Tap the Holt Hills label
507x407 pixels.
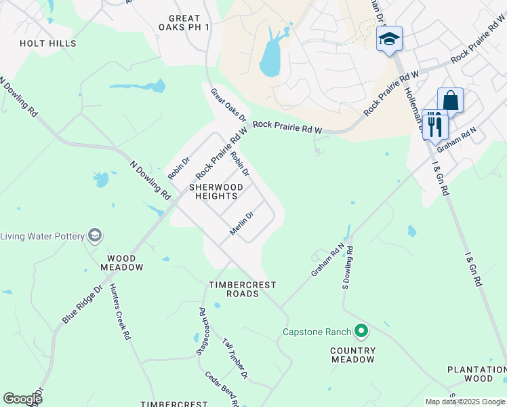click(48, 43)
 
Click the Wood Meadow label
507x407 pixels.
click(125, 263)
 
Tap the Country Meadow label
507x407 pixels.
click(352, 355)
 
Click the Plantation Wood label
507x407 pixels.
click(476, 374)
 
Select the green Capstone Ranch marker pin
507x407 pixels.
click(361, 332)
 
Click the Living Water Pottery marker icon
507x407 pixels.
click(95, 235)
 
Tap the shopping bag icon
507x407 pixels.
click(450, 101)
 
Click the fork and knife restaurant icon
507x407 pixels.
click(434, 124)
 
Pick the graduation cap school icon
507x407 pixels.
click(390, 39)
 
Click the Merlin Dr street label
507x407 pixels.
click(241, 223)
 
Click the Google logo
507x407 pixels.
click(22, 399)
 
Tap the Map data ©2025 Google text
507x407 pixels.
click(464, 402)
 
